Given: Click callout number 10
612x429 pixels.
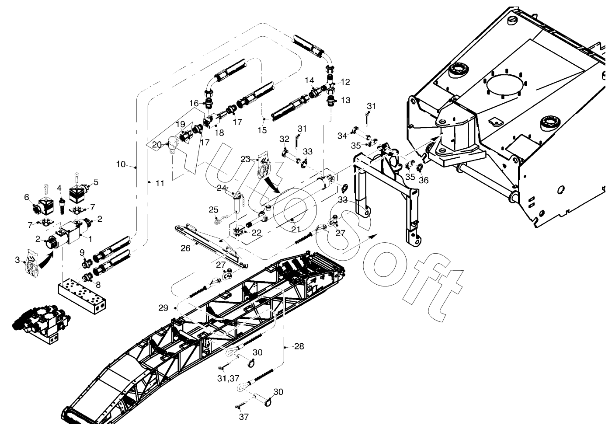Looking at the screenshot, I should pyautogui.click(x=121, y=164).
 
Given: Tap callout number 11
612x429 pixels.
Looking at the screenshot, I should pyautogui.click(x=160, y=184).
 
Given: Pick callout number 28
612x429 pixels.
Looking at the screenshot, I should pyautogui.click(x=299, y=346).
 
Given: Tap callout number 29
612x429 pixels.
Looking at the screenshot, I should pyautogui.click(x=163, y=308).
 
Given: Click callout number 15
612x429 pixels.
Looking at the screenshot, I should pyautogui.click(x=262, y=130).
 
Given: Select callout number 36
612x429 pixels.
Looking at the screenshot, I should pyautogui.click(x=423, y=180).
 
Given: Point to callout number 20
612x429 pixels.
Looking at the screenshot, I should pyautogui.click(x=157, y=144).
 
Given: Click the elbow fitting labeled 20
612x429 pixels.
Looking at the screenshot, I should pyautogui.click(x=172, y=145).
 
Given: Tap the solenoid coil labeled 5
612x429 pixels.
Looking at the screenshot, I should pyautogui.click(x=79, y=191).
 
